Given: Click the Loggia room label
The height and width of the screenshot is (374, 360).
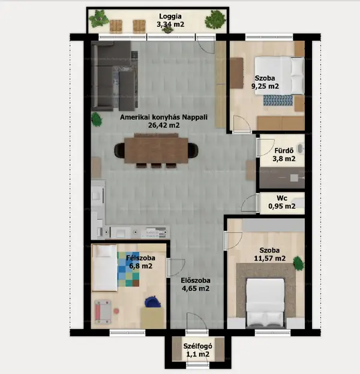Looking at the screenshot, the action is click(x=170, y=16).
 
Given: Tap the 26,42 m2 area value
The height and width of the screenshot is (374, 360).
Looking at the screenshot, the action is click(x=164, y=125).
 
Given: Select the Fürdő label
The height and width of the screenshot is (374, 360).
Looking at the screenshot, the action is click(x=284, y=150).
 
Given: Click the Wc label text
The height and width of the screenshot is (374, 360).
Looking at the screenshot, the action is click(x=282, y=198).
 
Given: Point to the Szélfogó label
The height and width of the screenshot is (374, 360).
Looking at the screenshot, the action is click(x=197, y=346).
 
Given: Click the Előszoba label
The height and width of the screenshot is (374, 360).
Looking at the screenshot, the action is click(x=196, y=280).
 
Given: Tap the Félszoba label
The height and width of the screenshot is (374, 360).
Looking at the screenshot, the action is click(x=140, y=258).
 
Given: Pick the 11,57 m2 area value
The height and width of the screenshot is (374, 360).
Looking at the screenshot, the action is click(x=269, y=258).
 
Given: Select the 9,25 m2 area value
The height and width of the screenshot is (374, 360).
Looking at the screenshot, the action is click(x=265, y=86).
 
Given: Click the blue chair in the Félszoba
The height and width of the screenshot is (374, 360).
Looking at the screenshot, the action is click(x=152, y=301).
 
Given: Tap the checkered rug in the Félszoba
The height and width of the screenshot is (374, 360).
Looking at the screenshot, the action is click(x=128, y=269).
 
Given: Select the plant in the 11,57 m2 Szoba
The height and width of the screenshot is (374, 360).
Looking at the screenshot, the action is click(x=298, y=263).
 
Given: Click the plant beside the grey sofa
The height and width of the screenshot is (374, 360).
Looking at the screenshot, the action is click(x=97, y=119).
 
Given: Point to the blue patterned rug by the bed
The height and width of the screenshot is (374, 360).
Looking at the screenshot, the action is click(x=278, y=100).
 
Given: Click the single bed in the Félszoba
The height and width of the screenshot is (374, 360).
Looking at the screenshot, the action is click(x=104, y=268).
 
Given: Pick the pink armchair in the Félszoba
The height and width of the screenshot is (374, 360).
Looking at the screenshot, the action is click(x=103, y=312).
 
